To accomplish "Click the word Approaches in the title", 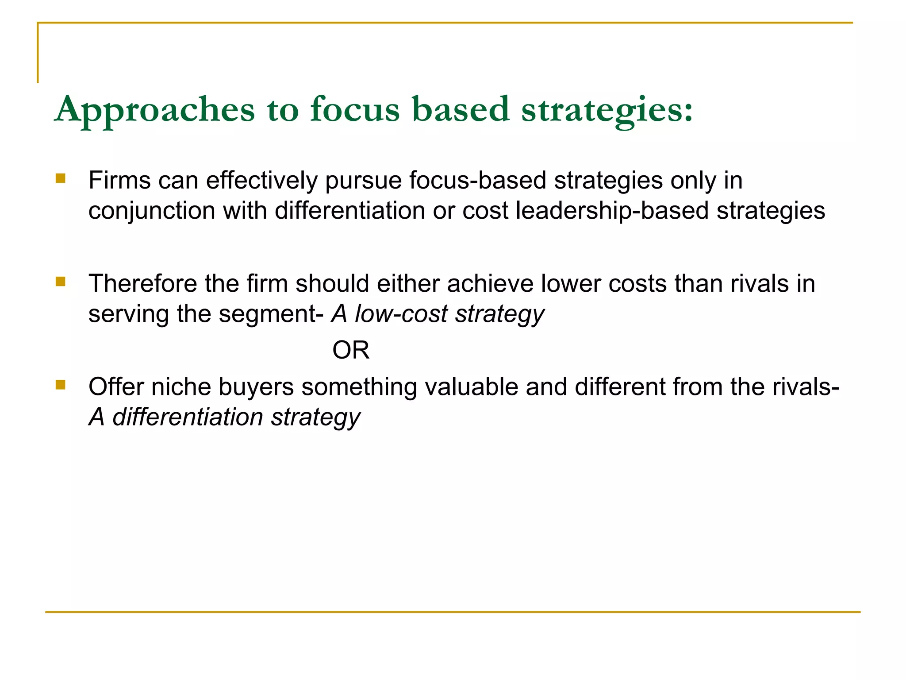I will tap(155, 110).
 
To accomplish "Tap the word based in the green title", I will tap(461, 109).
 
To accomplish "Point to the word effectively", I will tap(262, 180).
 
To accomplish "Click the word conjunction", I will tap(152, 211).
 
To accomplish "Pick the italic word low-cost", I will tap(401, 314).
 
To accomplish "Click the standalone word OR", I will tap(351, 350).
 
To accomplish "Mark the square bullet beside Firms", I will tap(61, 178).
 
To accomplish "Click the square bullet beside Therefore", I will tap(61, 282).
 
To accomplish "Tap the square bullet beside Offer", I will tap(61, 385).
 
